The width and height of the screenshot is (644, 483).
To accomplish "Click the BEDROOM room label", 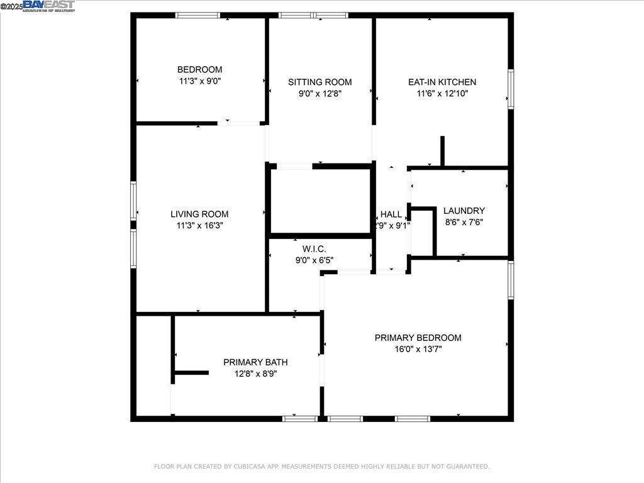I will (199, 70).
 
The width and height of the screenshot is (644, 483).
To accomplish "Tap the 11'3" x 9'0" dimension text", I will (199, 81).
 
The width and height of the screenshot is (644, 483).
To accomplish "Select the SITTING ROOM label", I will (320, 82).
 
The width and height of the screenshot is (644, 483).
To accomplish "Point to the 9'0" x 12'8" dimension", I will (320, 94).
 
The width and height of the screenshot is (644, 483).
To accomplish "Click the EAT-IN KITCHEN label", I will (442, 82).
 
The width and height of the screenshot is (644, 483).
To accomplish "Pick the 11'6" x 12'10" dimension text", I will (442, 94).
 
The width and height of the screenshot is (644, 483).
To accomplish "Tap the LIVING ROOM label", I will (199, 214).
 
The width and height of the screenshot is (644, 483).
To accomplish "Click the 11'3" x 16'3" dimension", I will (199, 226).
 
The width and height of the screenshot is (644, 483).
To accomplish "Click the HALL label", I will (391, 214).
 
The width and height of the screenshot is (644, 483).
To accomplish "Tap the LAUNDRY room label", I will (464, 211).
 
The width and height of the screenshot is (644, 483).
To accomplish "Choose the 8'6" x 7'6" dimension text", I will (464, 222).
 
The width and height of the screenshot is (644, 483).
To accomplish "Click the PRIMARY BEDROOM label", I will (418, 338).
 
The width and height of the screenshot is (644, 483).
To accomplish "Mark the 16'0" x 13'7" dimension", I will (418, 349).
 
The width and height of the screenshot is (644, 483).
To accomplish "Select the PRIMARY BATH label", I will (255, 362).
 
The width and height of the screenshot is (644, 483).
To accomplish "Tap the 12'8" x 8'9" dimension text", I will (255, 374).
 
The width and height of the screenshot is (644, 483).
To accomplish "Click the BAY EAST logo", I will (48, 6).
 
